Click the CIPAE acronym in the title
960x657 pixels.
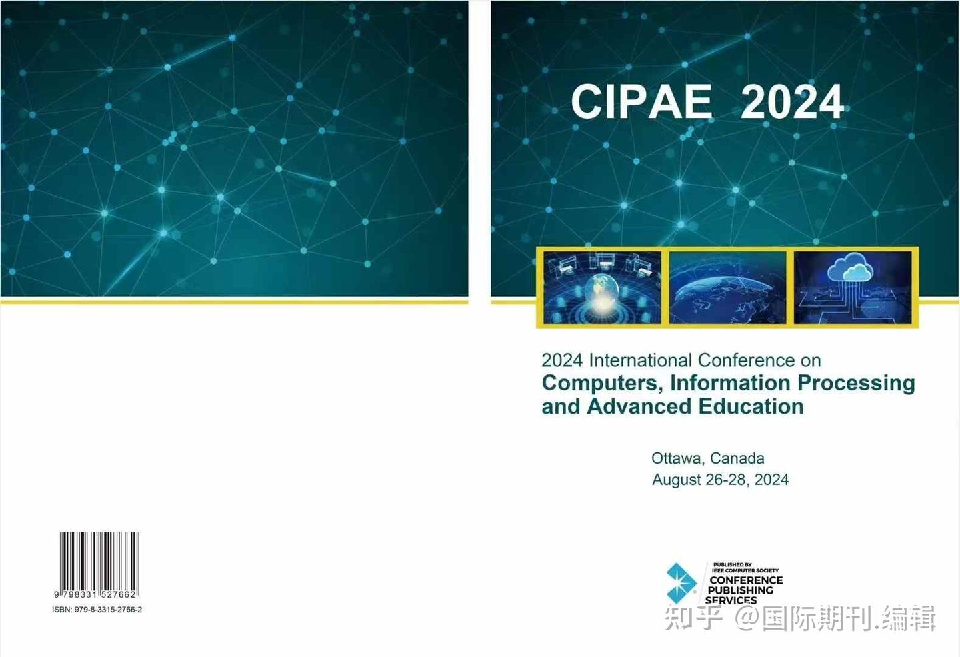[x=641, y=102]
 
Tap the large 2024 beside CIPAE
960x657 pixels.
[x=792, y=102]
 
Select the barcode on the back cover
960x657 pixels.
[x=99, y=561]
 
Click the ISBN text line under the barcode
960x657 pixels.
[x=97, y=610]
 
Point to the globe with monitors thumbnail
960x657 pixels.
[x=602, y=287]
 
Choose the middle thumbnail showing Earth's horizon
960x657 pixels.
[x=727, y=287]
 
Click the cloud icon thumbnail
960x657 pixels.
[x=852, y=287]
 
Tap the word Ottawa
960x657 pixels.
[x=676, y=458]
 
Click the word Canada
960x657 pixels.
[x=737, y=458]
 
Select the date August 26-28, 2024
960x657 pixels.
[x=720, y=480]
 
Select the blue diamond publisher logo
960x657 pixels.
[x=681, y=583]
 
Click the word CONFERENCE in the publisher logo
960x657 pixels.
[x=746, y=580]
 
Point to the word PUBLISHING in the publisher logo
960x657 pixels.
[x=741, y=590]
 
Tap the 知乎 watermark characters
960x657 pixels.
[x=694, y=618]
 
